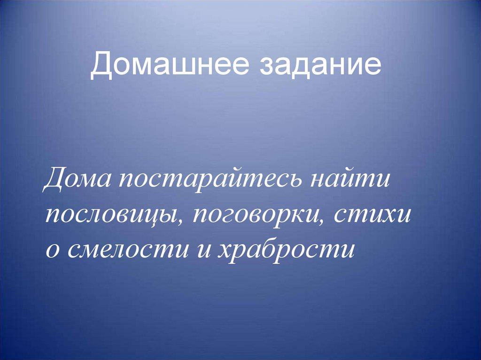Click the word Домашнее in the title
coord(169,64)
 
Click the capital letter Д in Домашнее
coord(101,65)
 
